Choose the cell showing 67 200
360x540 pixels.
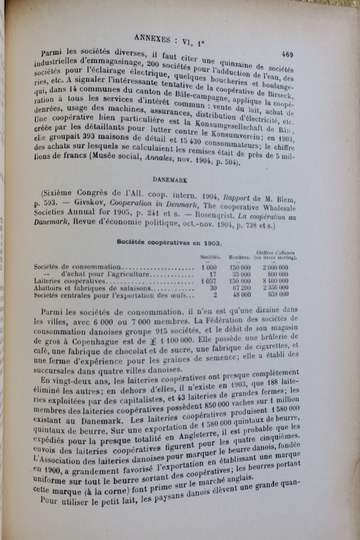(x=240, y=288)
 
